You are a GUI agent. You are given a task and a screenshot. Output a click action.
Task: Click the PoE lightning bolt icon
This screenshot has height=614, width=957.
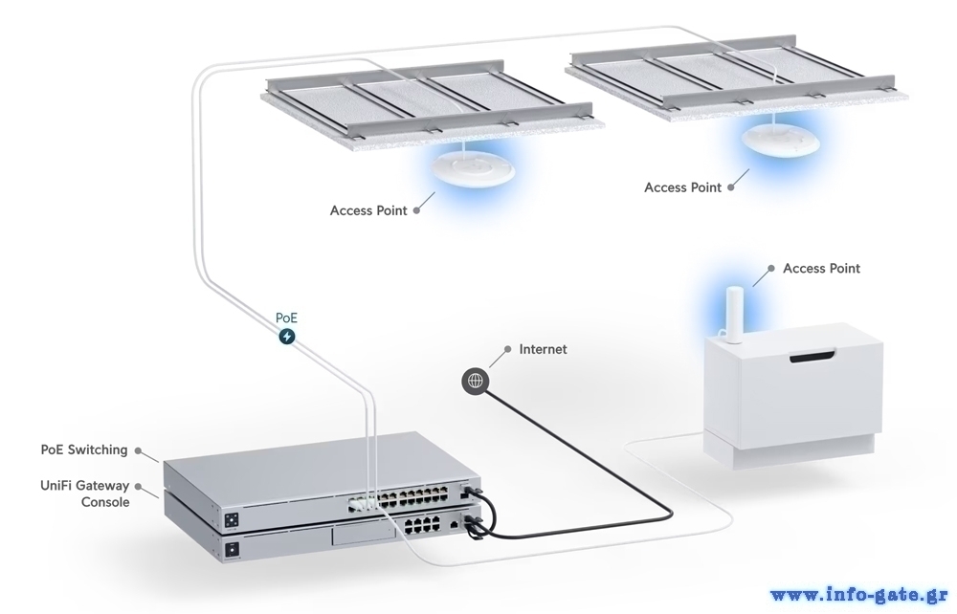tap(286, 337)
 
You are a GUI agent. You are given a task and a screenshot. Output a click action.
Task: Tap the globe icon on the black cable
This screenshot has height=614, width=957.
tap(476, 382)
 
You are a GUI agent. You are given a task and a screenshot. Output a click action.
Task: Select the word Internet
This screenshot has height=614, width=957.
tap(543, 349)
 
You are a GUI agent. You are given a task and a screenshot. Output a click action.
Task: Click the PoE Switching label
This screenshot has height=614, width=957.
tap(84, 450)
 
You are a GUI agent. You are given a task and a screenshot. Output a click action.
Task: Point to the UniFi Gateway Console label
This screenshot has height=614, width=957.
tap(85, 493)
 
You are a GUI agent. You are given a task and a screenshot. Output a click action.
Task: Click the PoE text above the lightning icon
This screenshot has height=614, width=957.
tap(286, 318)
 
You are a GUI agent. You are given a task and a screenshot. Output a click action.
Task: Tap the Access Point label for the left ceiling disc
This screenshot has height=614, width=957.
tap(368, 210)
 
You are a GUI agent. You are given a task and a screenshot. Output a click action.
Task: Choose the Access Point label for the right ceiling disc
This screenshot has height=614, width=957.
tap(682, 187)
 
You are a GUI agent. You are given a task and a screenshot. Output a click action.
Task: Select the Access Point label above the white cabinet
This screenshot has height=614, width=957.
tap(821, 269)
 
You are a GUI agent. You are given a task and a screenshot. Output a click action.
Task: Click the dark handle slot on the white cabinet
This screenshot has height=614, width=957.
tap(812, 358)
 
